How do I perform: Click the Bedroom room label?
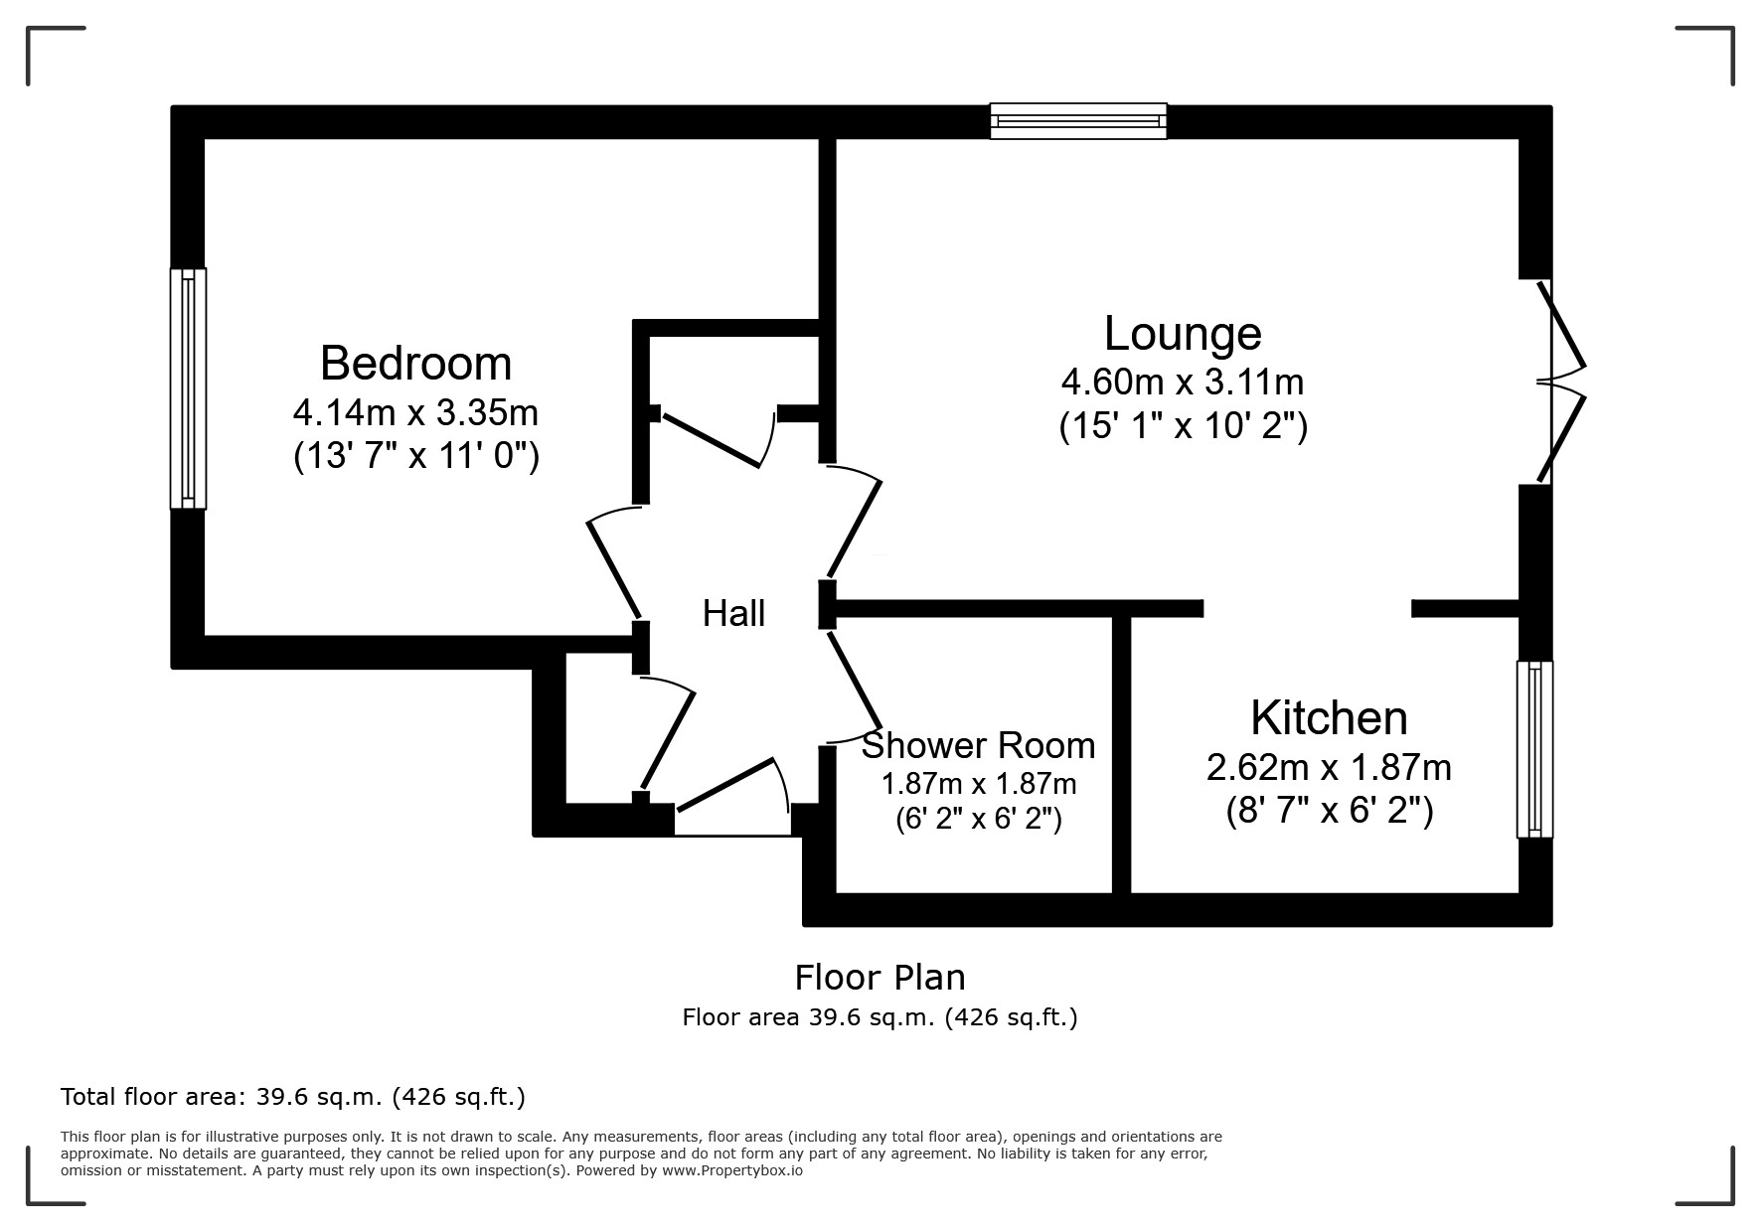415,364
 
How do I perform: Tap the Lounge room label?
1182,333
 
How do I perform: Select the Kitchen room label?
1328,717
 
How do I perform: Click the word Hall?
733,613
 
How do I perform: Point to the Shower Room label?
978,745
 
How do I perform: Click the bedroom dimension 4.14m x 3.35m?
415,410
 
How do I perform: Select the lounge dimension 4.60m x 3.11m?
1182,381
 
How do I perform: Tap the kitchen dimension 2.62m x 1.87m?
1328,767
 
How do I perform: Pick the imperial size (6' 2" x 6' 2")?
978,819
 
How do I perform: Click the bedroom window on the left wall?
188,388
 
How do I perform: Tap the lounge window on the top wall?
1078,121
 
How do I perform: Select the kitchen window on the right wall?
1535,749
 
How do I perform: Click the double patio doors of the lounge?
1558,382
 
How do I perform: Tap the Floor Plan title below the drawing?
880,978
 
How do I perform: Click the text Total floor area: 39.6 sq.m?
292,1097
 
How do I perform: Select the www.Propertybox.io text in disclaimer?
732,1170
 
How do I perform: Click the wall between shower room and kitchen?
1121,755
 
